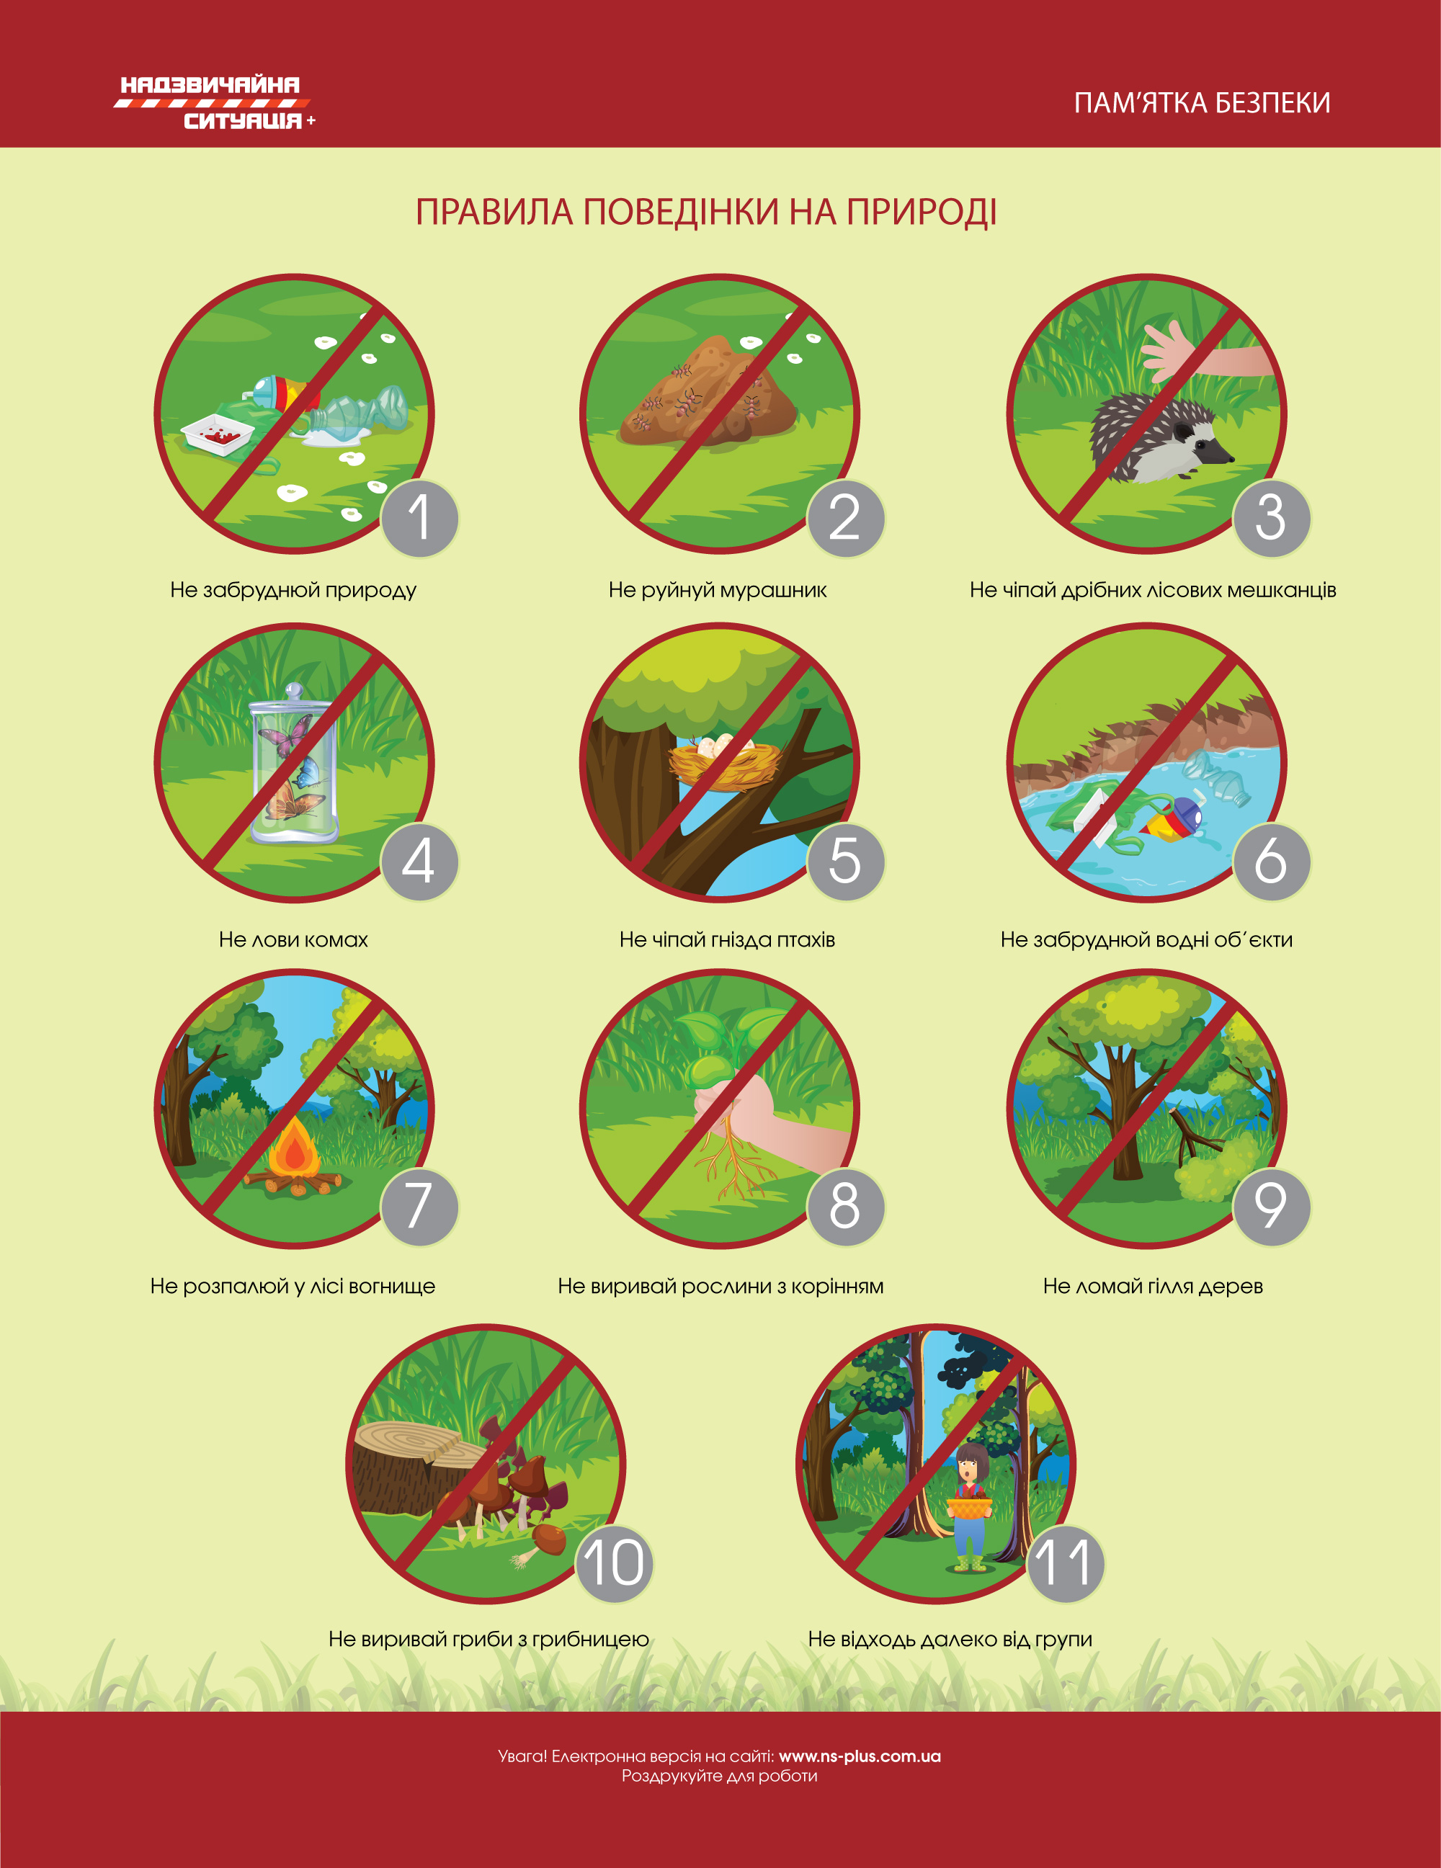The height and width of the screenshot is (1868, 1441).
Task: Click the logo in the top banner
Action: (x=215, y=102)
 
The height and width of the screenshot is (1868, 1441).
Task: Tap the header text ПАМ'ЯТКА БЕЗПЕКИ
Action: (x=1202, y=102)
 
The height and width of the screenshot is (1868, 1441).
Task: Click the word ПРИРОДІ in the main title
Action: (x=922, y=212)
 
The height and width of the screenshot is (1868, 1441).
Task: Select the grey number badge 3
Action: (x=1271, y=517)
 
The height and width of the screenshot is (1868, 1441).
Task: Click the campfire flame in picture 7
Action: (x=294, y=1147)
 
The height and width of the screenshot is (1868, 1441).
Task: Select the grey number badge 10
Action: (x=614, y=1562)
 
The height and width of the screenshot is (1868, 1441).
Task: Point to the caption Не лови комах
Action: (x=293, y=939)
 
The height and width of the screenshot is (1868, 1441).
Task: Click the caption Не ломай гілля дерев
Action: (x=1153, y=1285)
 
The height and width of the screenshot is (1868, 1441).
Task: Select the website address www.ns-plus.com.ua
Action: (x=860, y=1756)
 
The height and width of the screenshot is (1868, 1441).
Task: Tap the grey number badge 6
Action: (x=1271, y=862)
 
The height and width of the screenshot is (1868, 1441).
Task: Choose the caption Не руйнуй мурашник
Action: (x=718, y=589)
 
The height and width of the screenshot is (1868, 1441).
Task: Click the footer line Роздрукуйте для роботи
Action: (x=719, y=1777)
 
